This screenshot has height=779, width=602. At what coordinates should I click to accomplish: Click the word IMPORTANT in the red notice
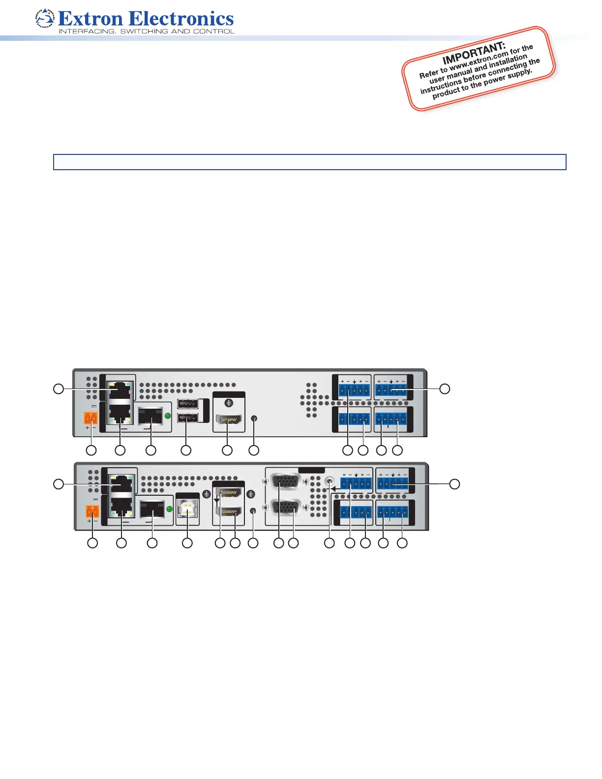pyautogui.click(x=474, y=53)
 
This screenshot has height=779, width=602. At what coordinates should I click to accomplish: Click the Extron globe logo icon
pyautogui.click(x=45, y=19)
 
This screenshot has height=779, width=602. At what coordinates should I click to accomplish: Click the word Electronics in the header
pyautogui.click(x=181, y=19)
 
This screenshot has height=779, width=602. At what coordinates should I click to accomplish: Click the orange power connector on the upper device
pyautogui.click(x=91, y=418)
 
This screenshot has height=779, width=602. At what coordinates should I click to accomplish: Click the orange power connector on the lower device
pyautogui.click(x=92, y=511)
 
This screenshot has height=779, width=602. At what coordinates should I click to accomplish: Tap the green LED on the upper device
pyautogui.click(x=168, y=416)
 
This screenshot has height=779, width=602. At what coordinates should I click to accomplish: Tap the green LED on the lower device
pyautogui.click(x=170, y=509)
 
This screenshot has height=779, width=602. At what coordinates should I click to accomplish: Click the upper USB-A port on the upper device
pyautogui.click(x=188, y=404)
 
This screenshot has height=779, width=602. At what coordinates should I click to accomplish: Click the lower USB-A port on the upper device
pyautogui.click(x=188, y=418)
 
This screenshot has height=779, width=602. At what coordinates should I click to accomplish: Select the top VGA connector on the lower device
pyautogui.click(x=285, y=481)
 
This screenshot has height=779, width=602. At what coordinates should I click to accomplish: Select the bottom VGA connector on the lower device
pyautogui.click(x=285, y=507)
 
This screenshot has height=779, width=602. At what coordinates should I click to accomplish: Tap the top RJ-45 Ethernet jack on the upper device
pyautogui.click(x=120, y=390)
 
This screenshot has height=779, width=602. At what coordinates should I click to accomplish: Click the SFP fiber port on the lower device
pyautogui.click(x=152, y=509)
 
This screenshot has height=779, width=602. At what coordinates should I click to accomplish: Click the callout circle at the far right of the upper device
pyautogui.click(x=445, y=389)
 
